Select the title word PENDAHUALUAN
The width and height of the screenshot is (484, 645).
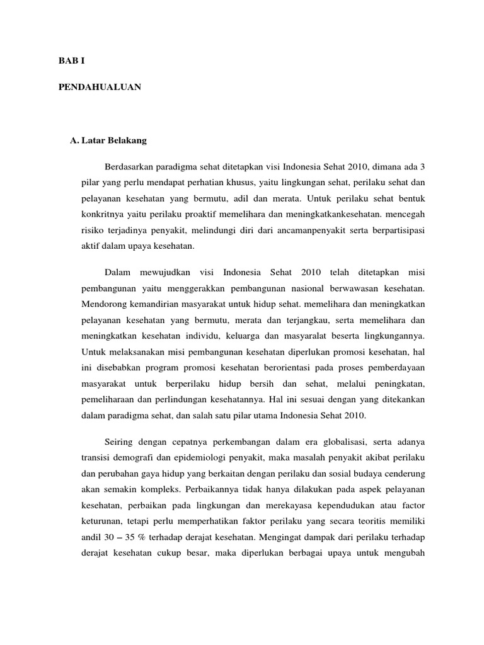pyautogui.click(x=100, y=88)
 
